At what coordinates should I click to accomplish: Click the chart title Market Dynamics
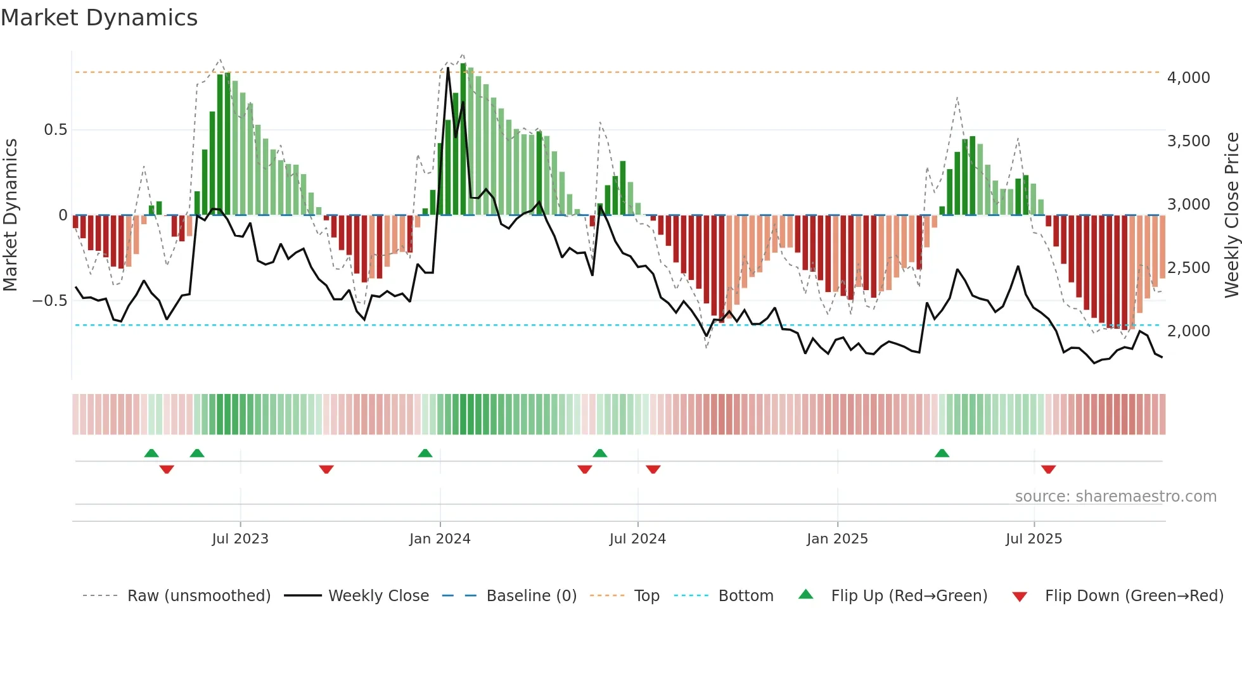(99, 18)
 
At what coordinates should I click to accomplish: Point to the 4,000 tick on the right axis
(1188, 78)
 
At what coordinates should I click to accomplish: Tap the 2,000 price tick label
(1188, 331)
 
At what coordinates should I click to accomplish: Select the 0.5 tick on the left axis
(55, 130)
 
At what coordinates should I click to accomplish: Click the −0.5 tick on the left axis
(50, 301)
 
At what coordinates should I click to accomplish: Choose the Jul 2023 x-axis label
(240, 539)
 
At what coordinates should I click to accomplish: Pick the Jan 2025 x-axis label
(837, 539)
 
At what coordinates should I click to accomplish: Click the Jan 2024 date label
(440, 539)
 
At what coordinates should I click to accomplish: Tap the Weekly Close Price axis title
(1231, 215)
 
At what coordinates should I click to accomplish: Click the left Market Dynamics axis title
(10, 215)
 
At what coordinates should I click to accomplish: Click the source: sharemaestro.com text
(1115, 497)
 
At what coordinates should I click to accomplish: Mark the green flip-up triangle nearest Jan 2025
(942, 454)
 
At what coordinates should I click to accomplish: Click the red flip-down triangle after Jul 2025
(1048, 469)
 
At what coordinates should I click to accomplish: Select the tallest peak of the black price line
(448, 67)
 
